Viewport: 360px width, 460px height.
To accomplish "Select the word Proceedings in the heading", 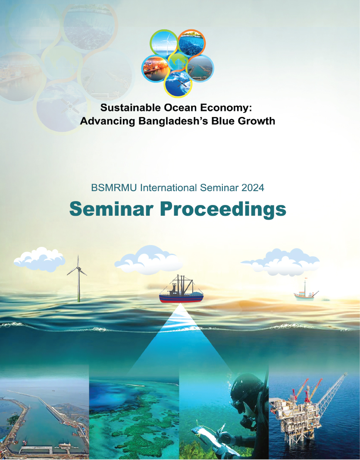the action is point(223,209).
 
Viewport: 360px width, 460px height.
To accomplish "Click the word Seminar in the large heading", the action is point(111,208).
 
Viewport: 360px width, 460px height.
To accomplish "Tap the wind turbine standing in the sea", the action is point(78,278).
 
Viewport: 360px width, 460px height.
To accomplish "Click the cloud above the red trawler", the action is point(149,260).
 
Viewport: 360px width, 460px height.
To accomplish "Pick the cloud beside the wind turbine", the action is point(39,259).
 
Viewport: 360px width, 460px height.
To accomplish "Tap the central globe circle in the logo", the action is point(178,62).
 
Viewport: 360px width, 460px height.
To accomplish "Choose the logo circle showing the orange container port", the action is point(156,68).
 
